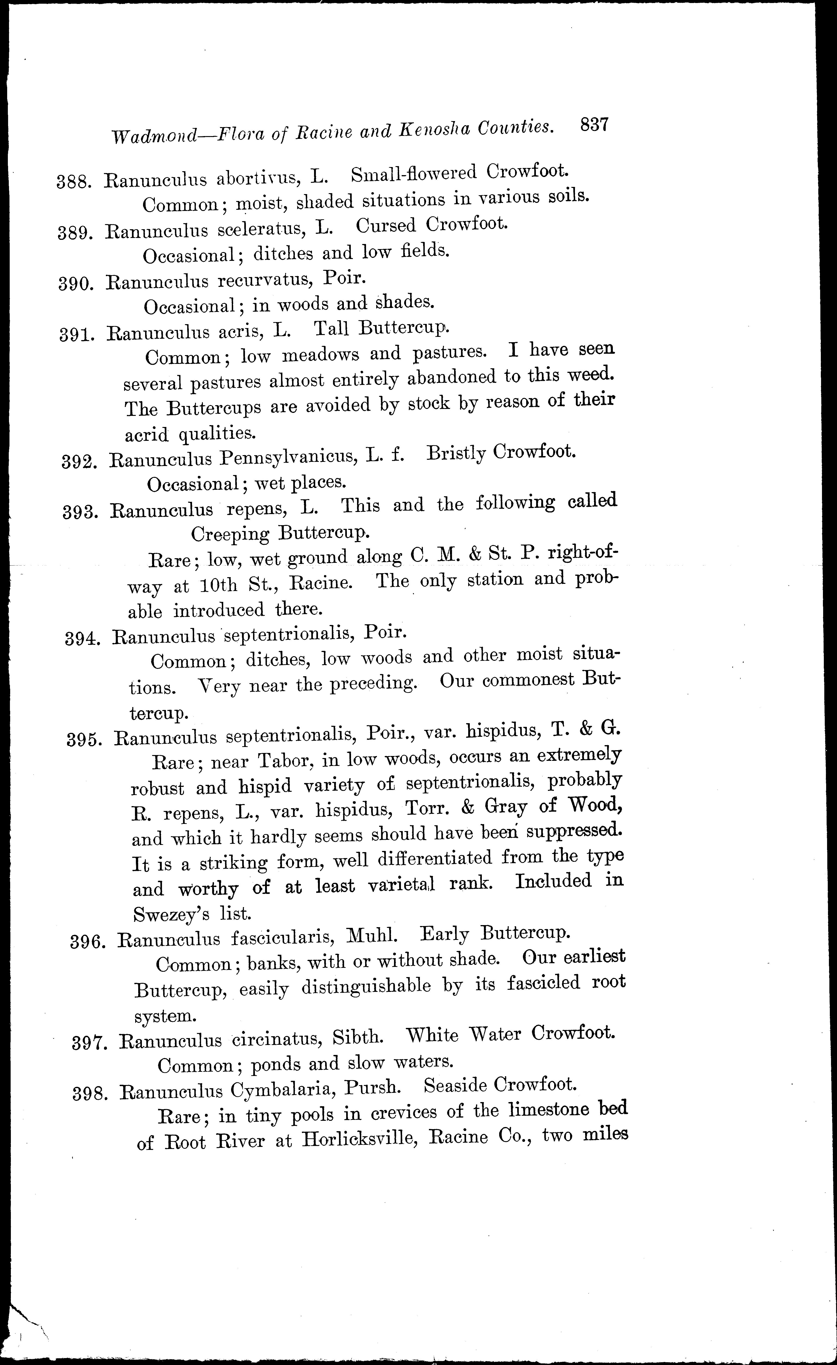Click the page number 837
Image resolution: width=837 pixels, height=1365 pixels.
594,124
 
